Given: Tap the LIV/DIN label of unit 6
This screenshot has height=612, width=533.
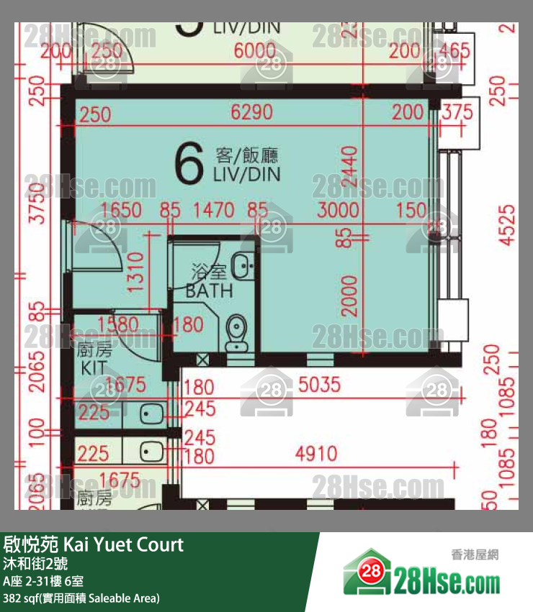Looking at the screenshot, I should [246, 165].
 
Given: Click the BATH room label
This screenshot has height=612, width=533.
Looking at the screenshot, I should [209, 282].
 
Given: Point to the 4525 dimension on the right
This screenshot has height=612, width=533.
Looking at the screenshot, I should [508, 225].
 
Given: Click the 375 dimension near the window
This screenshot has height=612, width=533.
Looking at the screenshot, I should [458, 114].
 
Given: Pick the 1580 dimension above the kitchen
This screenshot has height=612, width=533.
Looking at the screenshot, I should [118, 325].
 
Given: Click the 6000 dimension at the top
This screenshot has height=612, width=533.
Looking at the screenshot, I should [255, 51].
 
